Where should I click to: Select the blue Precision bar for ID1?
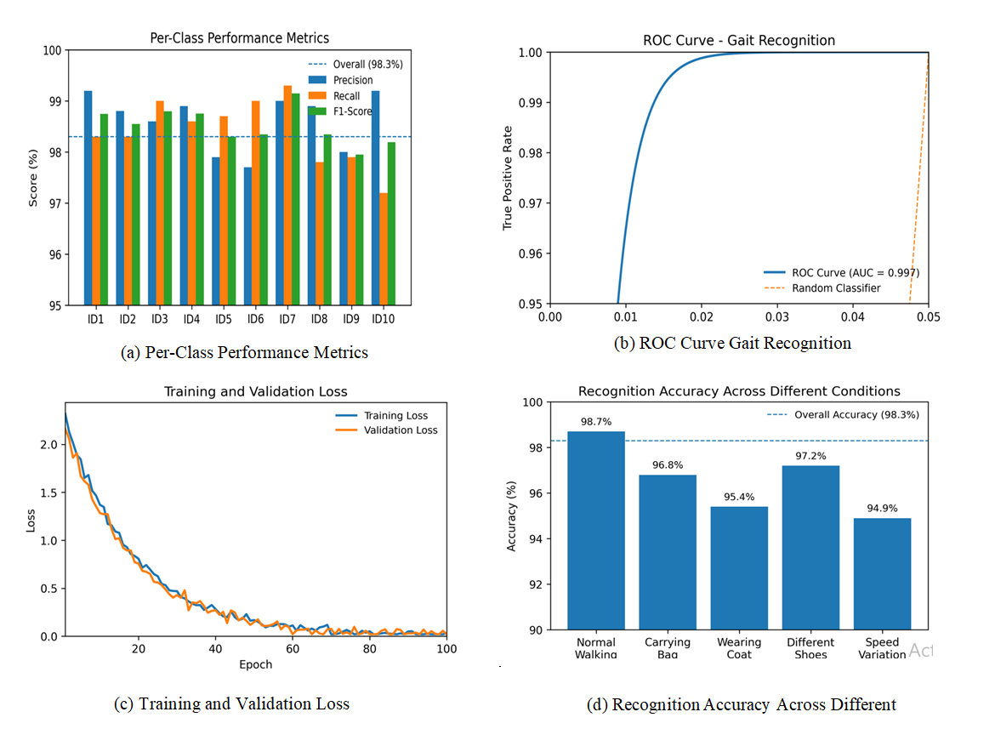(x=88, y=197)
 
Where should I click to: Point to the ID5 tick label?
(x=223, y=320)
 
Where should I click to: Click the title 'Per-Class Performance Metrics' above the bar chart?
(x=240, y=37)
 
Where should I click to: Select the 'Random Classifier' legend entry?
(x=836, y=288)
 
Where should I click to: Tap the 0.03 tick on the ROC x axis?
(x=777, y=317)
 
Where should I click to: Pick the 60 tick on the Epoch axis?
(x=293, y=649)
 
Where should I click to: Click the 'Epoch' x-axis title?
(x=255, y=664)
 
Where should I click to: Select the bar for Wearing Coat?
(x=739, y=568)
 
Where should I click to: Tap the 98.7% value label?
(x=595, y=422)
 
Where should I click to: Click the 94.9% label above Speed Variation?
(x=882, y=509)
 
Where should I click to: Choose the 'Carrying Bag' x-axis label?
(x=668, y=648)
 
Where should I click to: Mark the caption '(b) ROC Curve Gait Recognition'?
(x=731, y=344)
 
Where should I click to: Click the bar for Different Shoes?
(x=810, y=548)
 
